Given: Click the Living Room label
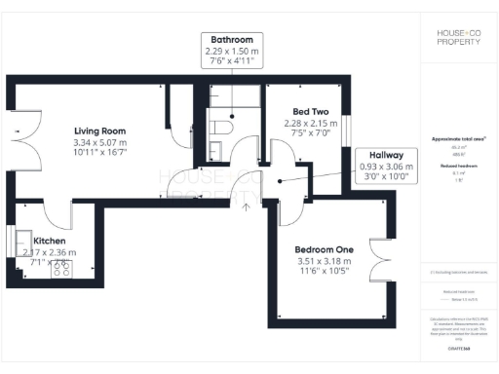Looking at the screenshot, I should pos(100,130).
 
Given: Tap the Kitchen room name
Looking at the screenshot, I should pos(50,241).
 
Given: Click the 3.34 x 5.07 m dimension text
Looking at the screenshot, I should pos(100,143).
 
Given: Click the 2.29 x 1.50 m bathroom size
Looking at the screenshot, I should pos(232,50).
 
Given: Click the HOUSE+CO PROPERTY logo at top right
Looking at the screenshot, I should pos(457,38).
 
